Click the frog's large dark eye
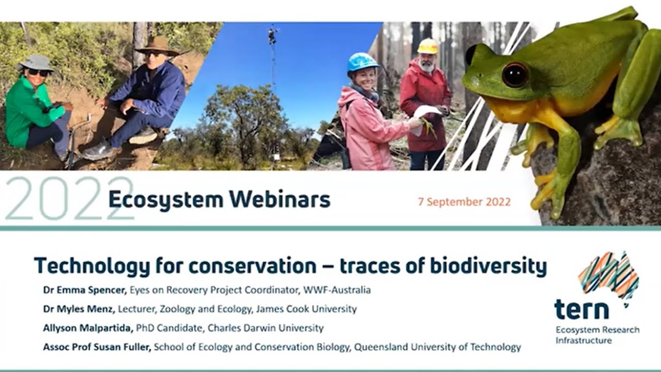tap(515, 75)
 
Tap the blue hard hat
tap(362, 62)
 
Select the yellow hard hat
tap(427, 47)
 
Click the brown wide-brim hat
tap(156, 45)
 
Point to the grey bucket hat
tap(36, 63)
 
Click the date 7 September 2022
tap(464, 202)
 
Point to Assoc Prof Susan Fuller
tap(97, 347)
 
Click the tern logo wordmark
tap(581, 310)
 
